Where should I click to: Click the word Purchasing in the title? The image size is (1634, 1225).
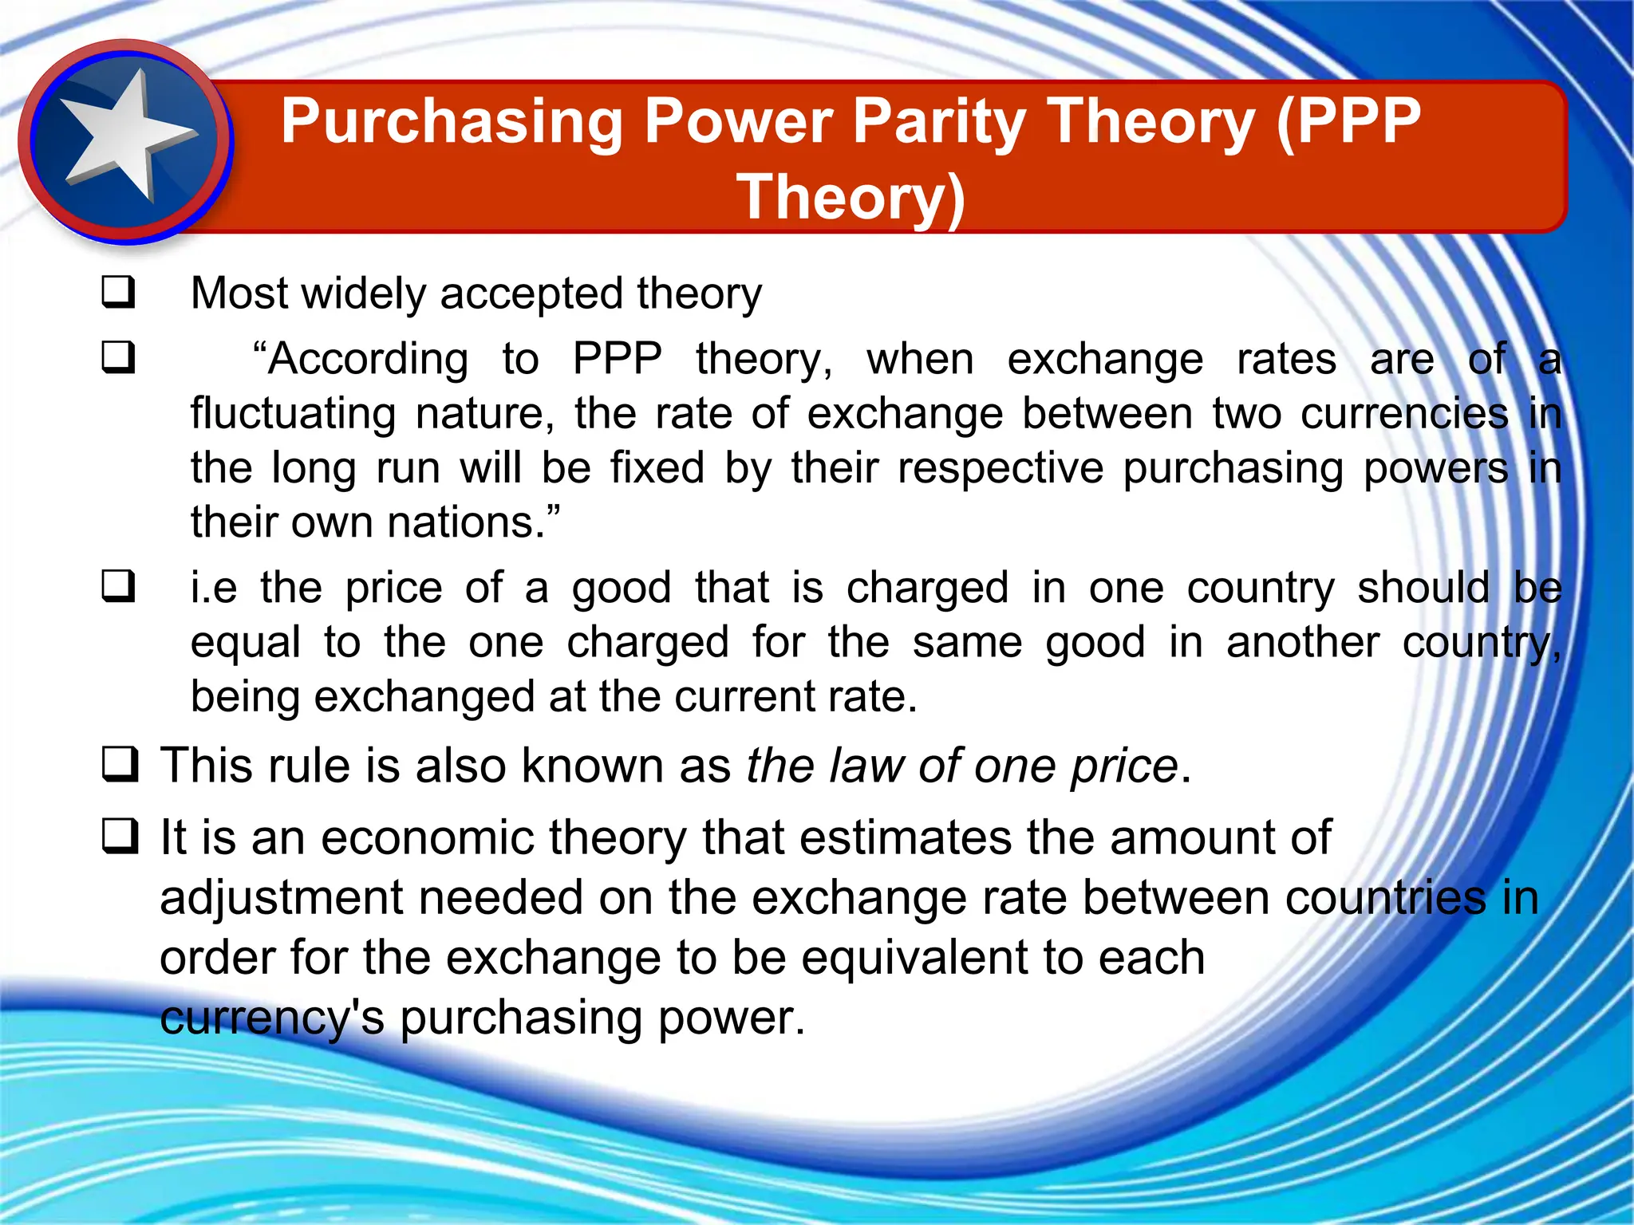click(x=451, y=122)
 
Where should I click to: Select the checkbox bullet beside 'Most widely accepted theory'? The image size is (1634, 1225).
click(x=118, y=292)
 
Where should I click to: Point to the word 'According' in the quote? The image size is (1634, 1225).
click(x=361, y=359)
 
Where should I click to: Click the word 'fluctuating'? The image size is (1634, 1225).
click(x=293, y=414)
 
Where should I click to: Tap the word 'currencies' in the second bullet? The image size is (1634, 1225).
click(x=1404, y=414)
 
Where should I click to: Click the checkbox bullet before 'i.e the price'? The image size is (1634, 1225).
click(x=118, y=587)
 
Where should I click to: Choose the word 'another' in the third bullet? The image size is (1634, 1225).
click(x=1302, y=642)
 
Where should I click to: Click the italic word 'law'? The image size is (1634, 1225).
click(x=866, y=766)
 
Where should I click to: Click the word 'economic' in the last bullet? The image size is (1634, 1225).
click(x=427, y=838)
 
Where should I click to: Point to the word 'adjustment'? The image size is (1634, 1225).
click(x=281, y=899)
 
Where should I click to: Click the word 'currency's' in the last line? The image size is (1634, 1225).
click(x=271, y=1018)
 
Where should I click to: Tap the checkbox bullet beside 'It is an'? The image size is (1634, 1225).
click(x=120, y=837)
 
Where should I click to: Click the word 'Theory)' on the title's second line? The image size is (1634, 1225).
click(x=851, y=197)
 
